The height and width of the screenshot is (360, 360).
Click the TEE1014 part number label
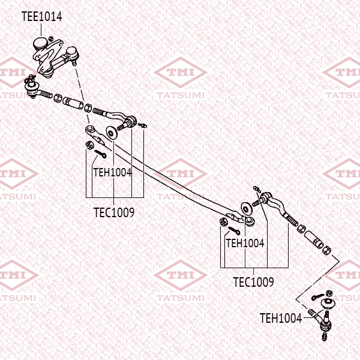42,17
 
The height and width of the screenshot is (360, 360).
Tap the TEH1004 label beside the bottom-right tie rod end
281,318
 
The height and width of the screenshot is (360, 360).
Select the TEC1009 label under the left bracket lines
114,212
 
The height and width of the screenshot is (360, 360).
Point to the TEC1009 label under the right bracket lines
254,281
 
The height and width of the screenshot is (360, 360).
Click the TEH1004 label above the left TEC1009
112,172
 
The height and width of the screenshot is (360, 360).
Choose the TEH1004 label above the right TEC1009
245,243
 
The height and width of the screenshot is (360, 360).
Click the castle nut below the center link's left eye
89,145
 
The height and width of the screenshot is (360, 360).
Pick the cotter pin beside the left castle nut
100,154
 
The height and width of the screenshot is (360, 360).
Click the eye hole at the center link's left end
90,130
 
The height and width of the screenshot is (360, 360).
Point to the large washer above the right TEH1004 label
246,209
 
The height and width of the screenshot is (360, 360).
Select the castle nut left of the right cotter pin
223,222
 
